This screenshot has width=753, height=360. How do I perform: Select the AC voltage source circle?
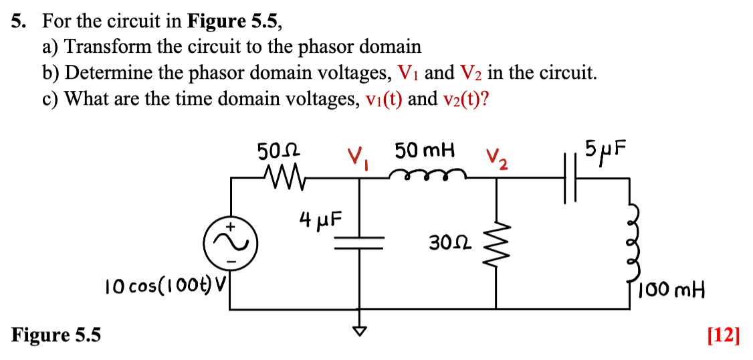pyautogui.click(x=231, y=242)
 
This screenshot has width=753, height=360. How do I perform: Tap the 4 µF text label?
pyautogui.click(x=320, y=219)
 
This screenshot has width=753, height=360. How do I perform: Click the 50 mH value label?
pyautogui.click(x=424, y=151)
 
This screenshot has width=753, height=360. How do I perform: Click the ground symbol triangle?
pyautogui.click(x=362, y=329)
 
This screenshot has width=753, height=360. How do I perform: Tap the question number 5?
pyautogui.click(x=18, y=21)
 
